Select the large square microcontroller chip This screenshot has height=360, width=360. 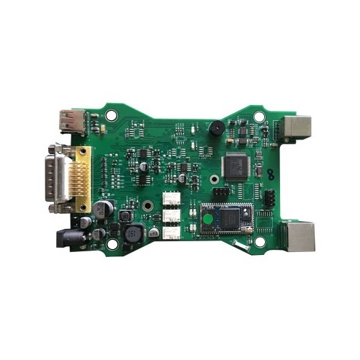point(236,166)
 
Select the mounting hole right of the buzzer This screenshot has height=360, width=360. point(257,114)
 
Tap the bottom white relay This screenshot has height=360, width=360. point(172,231)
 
